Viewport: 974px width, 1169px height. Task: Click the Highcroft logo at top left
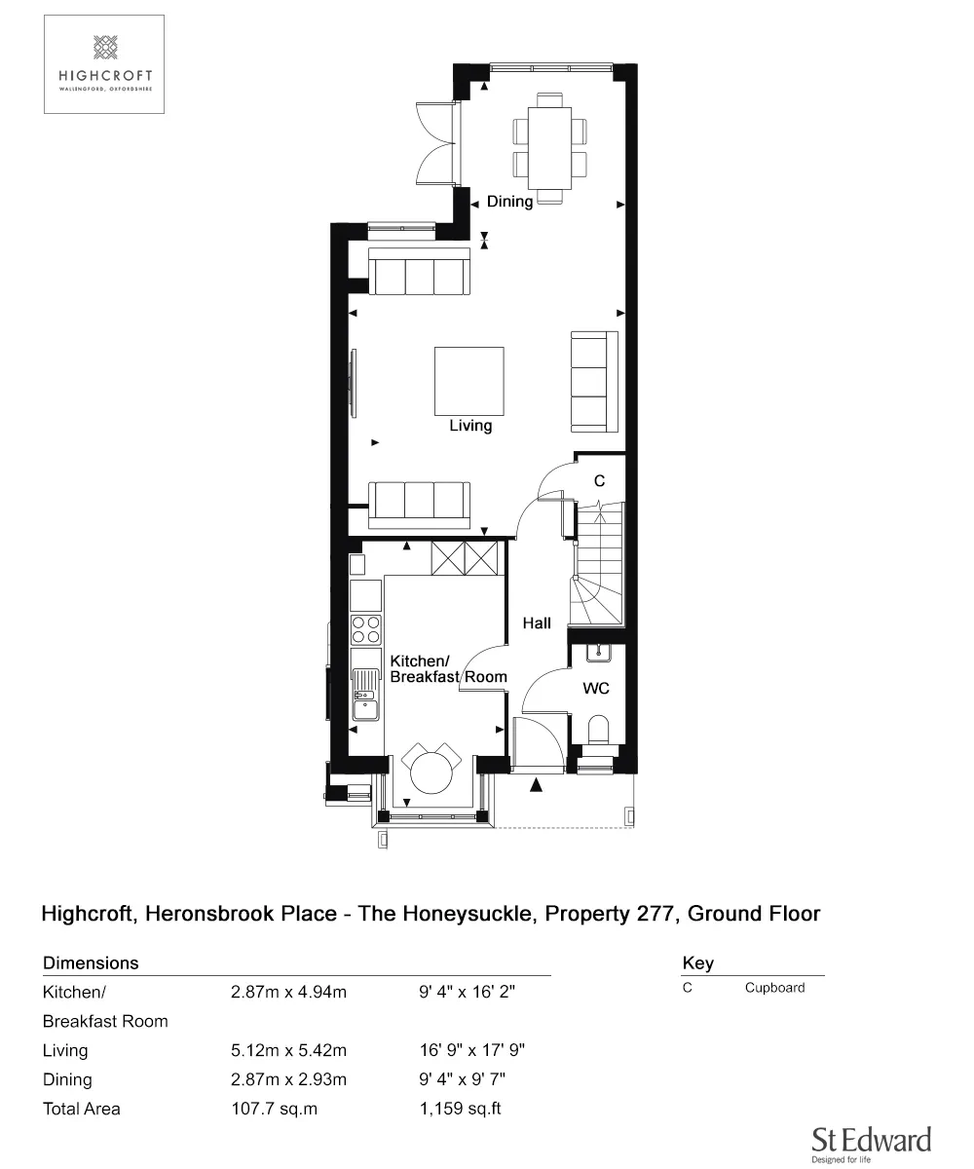tap(104, 63)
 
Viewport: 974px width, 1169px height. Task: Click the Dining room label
tap(509, 202)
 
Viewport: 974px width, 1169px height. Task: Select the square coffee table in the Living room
tap(469, 381)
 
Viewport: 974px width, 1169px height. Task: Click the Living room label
tap(470, 426)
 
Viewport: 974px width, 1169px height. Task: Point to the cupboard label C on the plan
tap(599, 480)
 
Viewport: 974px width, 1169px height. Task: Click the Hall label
tap(537, 623)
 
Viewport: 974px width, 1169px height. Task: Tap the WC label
tap(596, 689)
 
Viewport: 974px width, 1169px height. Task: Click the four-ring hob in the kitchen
tap(366, 629)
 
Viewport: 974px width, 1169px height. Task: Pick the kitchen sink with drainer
tap(366, 695)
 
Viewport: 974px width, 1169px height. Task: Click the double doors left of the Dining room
tap(436, 142)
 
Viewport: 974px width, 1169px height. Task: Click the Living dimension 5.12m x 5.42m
tap(288, 1050)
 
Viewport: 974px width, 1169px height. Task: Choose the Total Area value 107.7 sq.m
tap(274, 1109)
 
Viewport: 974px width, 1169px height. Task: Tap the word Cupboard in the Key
tap(774, 987)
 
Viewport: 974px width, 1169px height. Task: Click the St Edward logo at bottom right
tap(871, 1142)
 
